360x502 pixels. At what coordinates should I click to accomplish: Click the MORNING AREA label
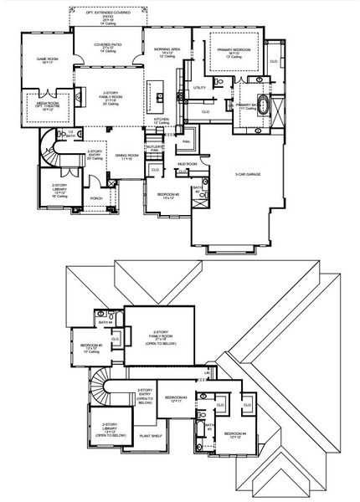click(168, 52)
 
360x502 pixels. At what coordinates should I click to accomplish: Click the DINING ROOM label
click(127, 156)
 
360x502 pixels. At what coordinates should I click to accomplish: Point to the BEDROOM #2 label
click(168, 196)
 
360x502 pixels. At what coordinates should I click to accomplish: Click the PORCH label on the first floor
click(97, 198)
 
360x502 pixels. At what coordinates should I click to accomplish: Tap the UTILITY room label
click(199, 87)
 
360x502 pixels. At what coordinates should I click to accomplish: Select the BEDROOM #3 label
click(175, 398)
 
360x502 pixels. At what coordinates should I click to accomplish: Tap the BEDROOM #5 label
click(91, 346)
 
